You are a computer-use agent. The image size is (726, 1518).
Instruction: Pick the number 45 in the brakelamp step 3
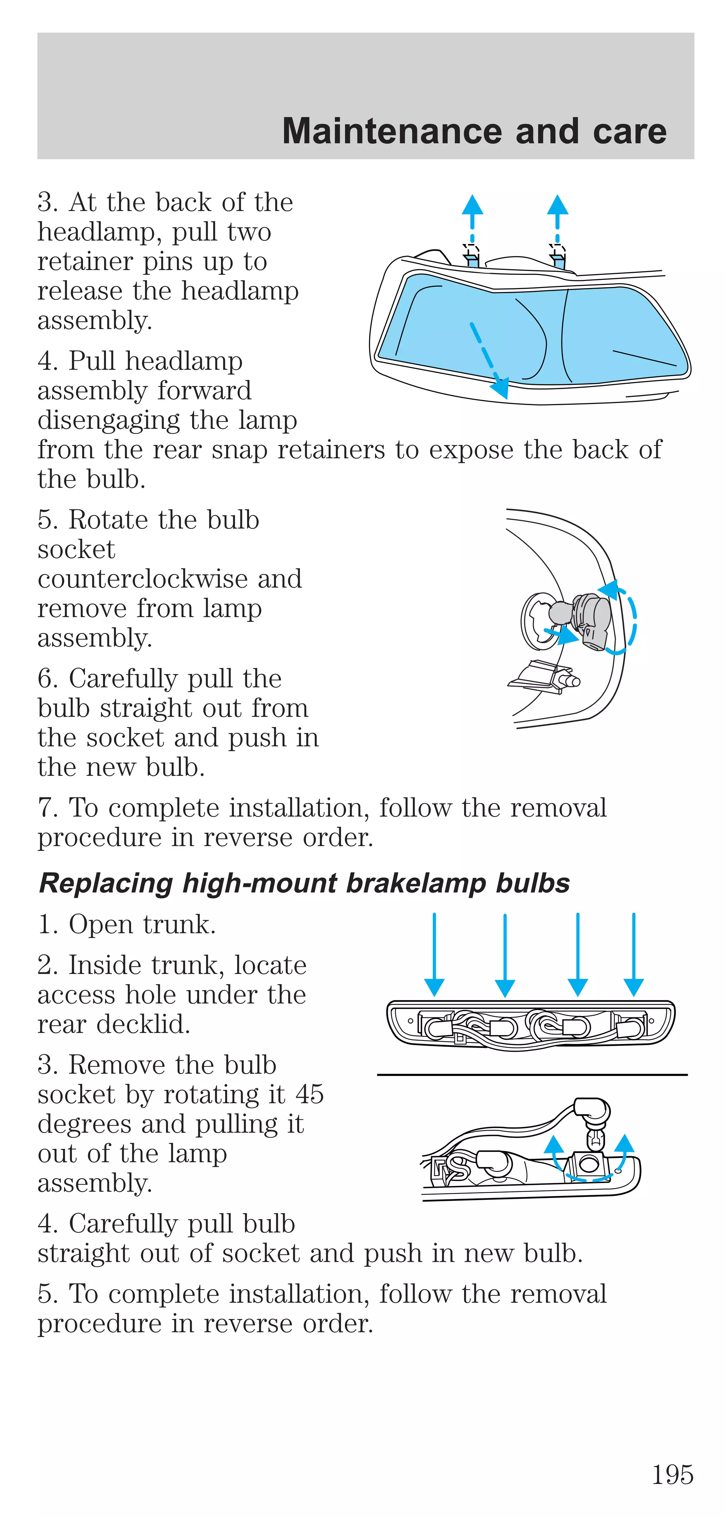point(309,1094)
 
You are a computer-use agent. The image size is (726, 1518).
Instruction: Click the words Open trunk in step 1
point(142,924)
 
